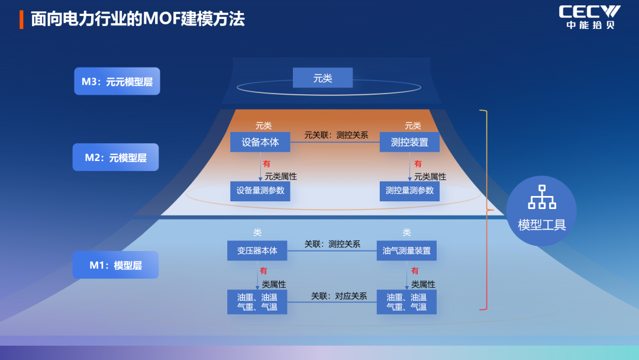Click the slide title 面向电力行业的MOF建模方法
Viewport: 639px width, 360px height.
coord(137,19)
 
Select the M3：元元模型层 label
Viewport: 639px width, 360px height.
coord(117,82)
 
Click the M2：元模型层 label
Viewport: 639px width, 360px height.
coord(115,157)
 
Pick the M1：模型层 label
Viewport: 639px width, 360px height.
coord(115,265)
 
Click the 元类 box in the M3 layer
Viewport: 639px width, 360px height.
coord(322,78)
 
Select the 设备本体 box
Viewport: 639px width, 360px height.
coord(260,142)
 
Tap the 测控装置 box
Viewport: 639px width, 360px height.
coord(409,142)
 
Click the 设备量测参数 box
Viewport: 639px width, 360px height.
coord(260,191)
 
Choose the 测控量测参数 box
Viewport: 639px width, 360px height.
coord(409,191)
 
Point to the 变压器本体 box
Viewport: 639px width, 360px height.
coord(257,250)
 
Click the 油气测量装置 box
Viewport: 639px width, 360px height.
coord(406,250)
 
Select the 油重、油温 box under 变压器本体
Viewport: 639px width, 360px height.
coord(257,302)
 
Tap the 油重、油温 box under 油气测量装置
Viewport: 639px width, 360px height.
coord(406,302)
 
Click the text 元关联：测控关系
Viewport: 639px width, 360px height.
coord(336,135)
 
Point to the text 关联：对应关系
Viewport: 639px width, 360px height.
coord(339,296)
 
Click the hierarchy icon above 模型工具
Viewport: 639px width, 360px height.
coord(541,197)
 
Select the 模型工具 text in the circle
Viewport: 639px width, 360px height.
coord(541,225)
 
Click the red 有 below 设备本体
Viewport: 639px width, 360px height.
coord(267,164)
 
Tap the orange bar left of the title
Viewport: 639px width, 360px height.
coord(21,19)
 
